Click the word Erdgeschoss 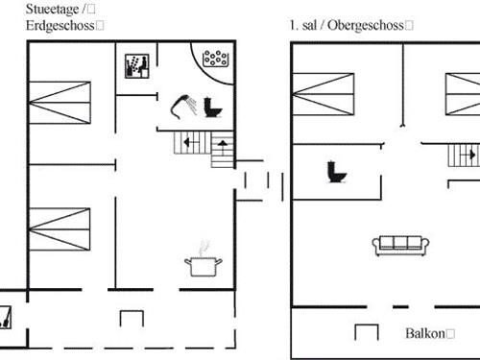pos(60,25)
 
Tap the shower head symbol pos(182,102)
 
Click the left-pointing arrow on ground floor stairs pos(186,145)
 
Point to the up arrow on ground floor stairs pos(223,144)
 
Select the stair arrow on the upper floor pos(471,154)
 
